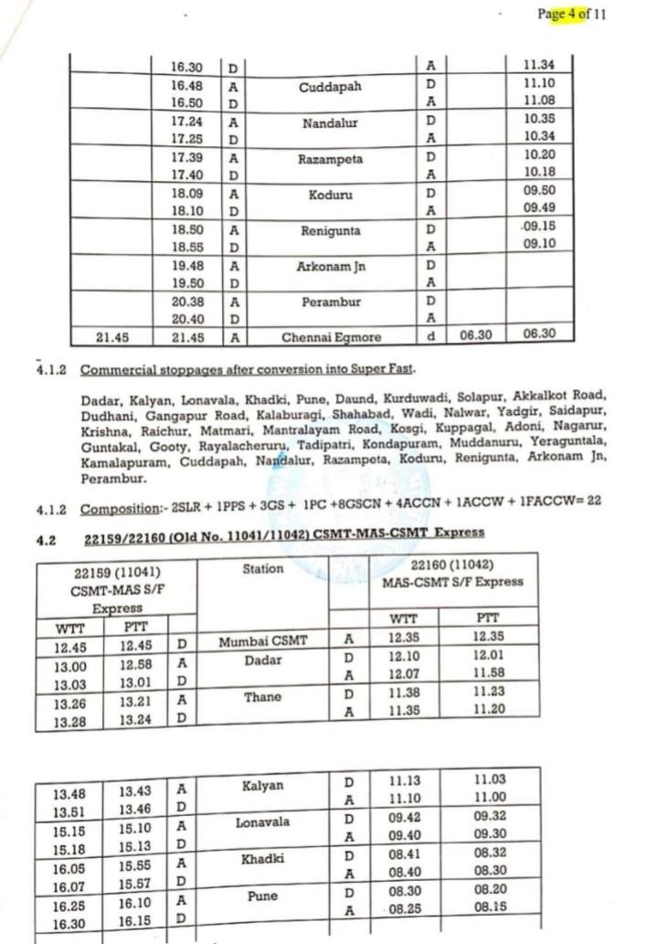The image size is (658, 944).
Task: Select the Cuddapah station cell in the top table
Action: click(330, 88)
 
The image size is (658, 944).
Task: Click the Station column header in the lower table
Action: click(263, 569)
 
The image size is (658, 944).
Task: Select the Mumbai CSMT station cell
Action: click(264, 642)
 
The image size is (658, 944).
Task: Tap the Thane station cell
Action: click(263, 696)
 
